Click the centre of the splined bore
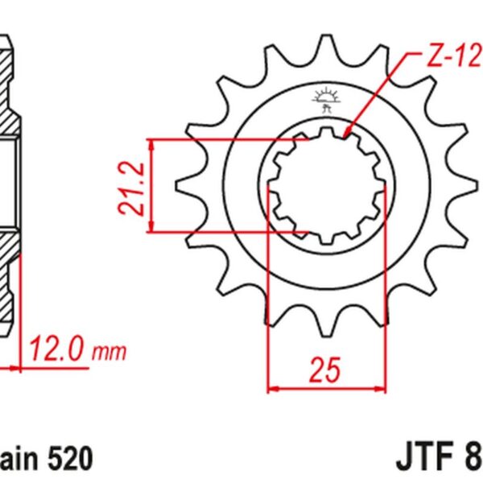325,185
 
